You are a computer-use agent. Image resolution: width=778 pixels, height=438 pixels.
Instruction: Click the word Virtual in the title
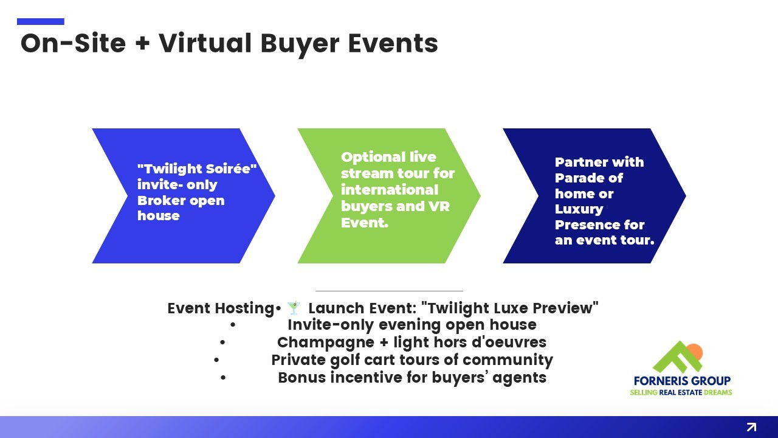coord(205,43)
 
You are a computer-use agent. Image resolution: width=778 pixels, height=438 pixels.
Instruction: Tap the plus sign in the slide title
coord(142,44)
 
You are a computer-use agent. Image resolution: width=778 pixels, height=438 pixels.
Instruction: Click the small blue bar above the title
coord(41,21)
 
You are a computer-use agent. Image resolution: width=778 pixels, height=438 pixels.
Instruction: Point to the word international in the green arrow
coord(390,190)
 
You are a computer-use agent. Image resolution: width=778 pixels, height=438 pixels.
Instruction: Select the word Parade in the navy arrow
coord(578,178)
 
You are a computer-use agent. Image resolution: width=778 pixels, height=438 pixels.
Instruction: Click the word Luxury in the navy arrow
coord(579,209)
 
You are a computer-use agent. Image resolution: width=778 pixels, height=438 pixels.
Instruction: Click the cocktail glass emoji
coord(294,308)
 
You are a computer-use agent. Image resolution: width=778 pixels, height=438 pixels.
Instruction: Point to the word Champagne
coord(325,342)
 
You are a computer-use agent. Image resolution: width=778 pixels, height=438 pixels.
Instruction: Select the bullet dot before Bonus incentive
coord(223,378)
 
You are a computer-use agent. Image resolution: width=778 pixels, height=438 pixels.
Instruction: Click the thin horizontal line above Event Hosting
coord(389,291)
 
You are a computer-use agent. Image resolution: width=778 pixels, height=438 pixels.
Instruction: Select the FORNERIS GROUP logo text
coord(682,381)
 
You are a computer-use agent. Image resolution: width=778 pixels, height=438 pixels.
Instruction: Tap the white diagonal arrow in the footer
coord(751,427)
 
